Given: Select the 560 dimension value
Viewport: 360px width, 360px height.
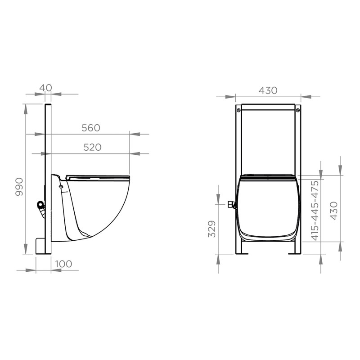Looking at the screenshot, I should pyautogui.click(x=90, y=128).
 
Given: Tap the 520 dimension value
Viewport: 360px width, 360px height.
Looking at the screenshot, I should pyautogui.click(x=92, y=148).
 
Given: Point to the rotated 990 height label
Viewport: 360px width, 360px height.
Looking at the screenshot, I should pyautogui.click(x=19, y=187).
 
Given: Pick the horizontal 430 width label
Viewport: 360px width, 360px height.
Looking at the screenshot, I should pyautogui.click(x=268, y=90).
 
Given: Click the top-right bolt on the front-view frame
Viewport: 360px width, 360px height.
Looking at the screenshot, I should pyautogui.click(x=297, y=109).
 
